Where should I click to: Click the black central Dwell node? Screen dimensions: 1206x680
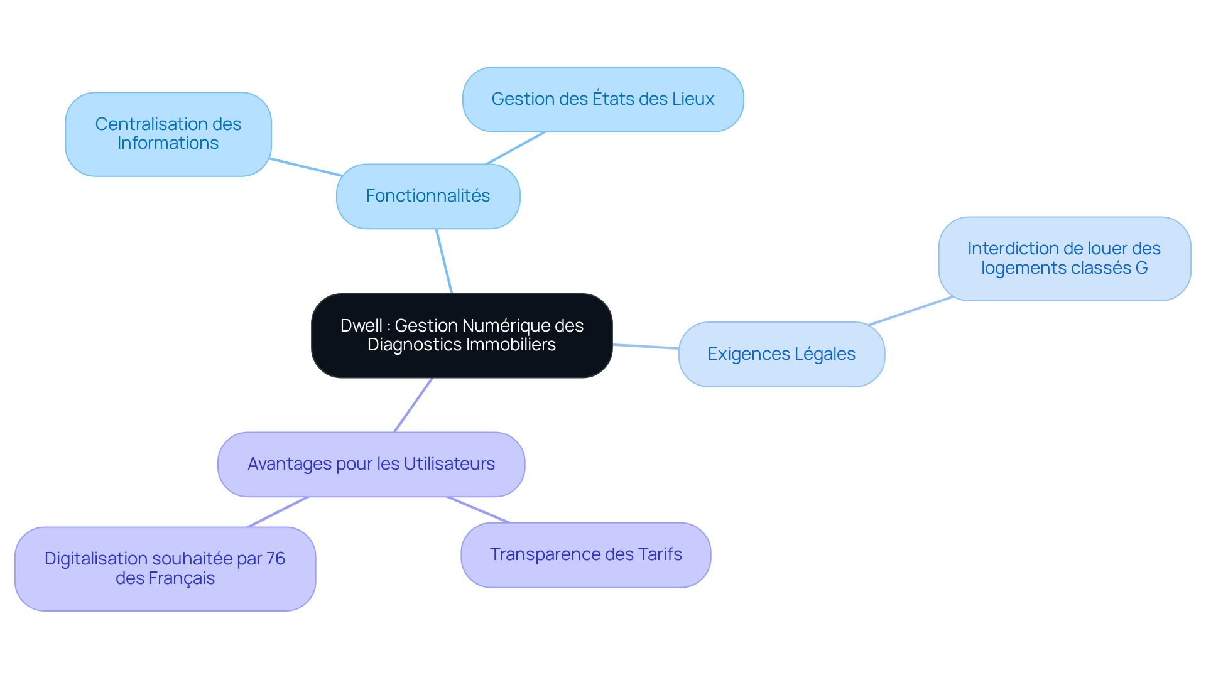[x=462, y=335]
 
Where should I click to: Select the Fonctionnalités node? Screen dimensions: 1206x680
[x=428, y=196]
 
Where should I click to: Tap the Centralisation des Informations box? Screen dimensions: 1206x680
[x=168, y=134]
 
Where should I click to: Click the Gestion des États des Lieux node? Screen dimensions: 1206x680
[x=603, y=99]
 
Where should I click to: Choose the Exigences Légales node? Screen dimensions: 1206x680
[x=781, y=354]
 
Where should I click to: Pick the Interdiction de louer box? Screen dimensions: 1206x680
[x=1065, y=258]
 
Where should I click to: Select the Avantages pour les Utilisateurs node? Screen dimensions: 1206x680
[x=371, y=464]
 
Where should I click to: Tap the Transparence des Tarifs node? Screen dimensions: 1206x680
[x=586, y=554]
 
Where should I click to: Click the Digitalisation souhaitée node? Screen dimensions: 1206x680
[x=165, y=568]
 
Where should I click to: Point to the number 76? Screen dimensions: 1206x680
[x=276, y=558]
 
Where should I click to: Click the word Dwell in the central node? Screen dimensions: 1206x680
[x=361, y=325]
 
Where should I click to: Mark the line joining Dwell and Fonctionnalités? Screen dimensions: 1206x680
[x=444, y=261]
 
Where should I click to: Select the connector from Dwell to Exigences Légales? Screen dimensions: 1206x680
[x=646, y=346]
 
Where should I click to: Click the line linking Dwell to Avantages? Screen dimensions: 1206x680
[x=413, y=404]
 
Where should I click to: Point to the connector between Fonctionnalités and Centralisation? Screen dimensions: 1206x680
[x=306, y=167]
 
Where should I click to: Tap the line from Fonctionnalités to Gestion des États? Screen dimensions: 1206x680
[x=516, y=148]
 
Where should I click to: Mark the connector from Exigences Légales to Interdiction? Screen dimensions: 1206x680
[x=911, y=310]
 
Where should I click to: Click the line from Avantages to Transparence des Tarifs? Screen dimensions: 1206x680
[x=479, y=509]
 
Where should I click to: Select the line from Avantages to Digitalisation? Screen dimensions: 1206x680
[x=278, y=512]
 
